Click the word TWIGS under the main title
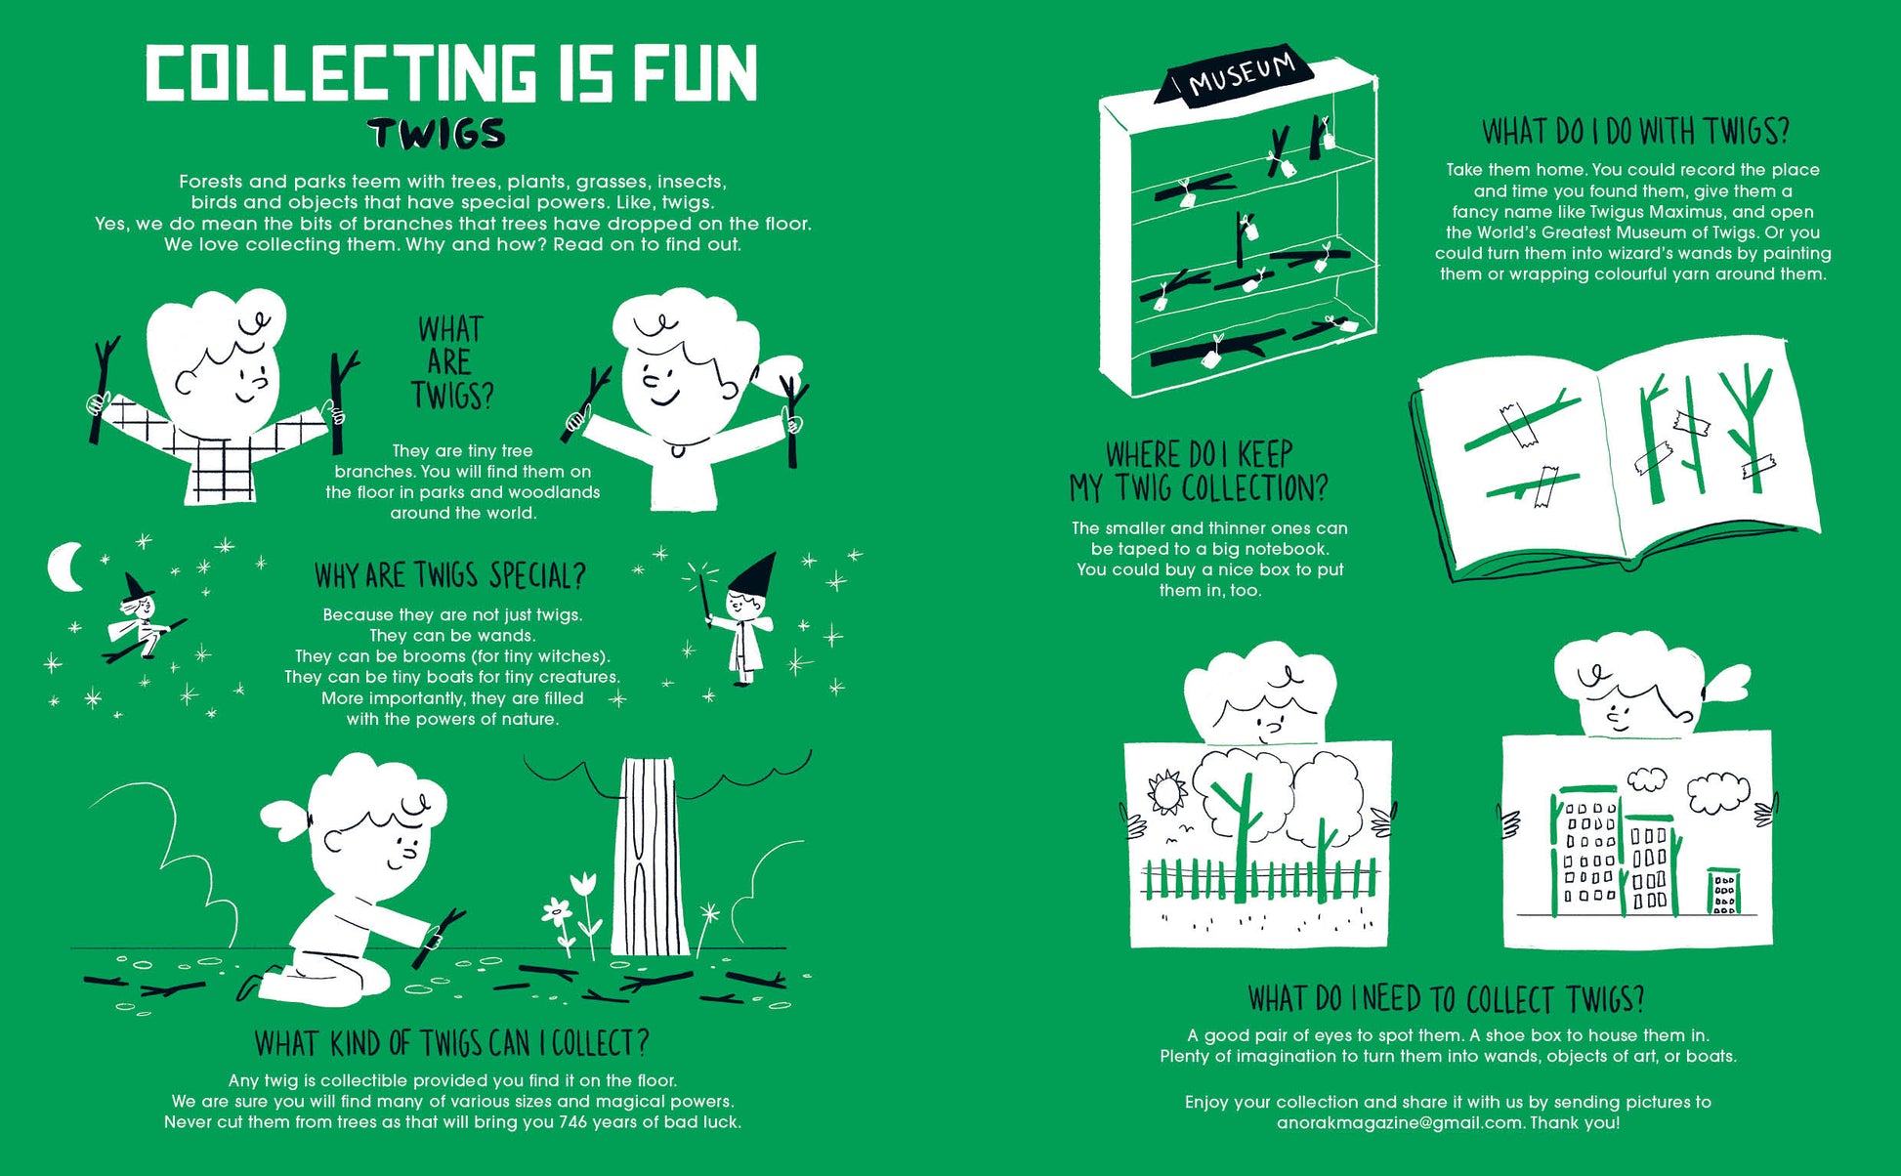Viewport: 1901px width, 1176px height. pos(437,134)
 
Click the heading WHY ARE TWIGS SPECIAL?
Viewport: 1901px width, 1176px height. pos(450,575)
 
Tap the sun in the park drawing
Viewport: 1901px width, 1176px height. pos(1164,791)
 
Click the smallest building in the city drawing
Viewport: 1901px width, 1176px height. pos(1721,891)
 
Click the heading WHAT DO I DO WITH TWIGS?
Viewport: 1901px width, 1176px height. pos(1635,131)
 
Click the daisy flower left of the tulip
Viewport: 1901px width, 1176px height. pos(557,913)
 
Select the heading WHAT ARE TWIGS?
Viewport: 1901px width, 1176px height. pos(451,362)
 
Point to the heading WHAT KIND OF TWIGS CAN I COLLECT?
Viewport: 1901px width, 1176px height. pos(451,1043)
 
